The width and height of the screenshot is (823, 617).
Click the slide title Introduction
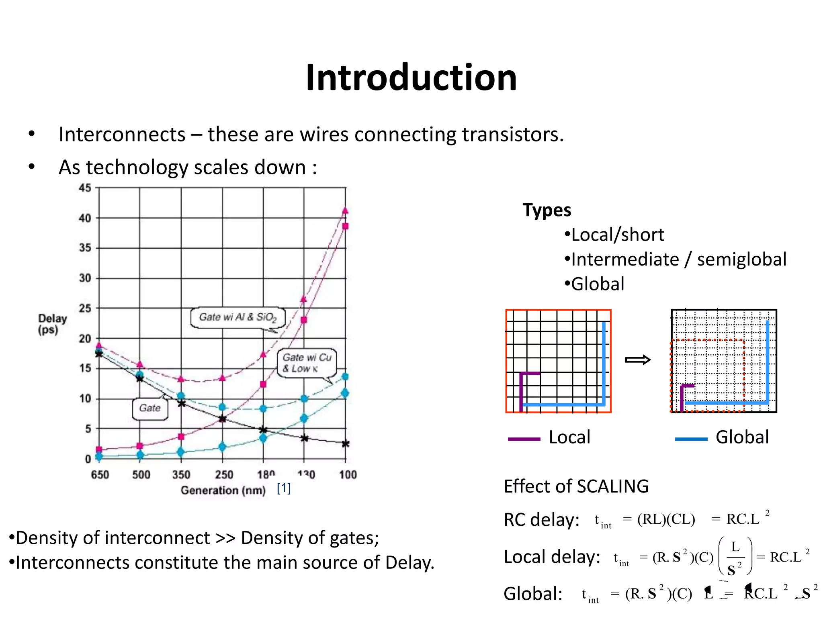click(x=411, y=78)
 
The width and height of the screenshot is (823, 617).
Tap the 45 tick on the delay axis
click(x=85, y=188)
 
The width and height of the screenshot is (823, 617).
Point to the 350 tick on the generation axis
click(x=181, y=475)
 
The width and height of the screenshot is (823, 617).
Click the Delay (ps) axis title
click(x=52, y=324)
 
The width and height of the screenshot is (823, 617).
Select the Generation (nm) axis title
click(x=223, y=490)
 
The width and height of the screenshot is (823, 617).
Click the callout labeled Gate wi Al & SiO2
click(x=238, y=317)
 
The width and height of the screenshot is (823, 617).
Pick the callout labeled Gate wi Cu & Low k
click(x=307, y=363)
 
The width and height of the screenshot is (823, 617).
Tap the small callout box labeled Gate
click(x=150, y=409)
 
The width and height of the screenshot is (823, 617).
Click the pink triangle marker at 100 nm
click(x=345, y=211)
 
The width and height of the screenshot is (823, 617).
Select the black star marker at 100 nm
click(x=346, y=444)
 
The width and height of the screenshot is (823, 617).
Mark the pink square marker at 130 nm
click(x=304, y=320)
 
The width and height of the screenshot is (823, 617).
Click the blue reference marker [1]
click(x=284, y=488)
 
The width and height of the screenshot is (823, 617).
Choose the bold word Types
click(x=547, y=210)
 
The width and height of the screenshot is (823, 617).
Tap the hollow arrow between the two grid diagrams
click(x=638, y=360)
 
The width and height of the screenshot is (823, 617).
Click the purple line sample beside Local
click(x=524, y=439)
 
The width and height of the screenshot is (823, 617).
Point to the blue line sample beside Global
click(x=691, y=439)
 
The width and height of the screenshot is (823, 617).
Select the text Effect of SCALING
click(x=576, y=486)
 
